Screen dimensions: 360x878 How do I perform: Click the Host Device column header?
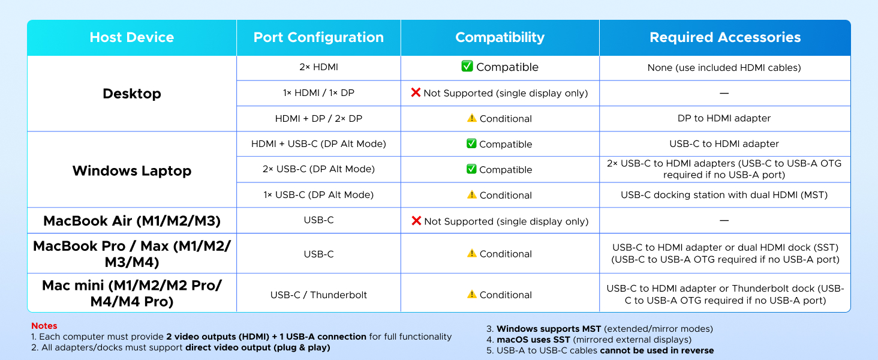(132, 37)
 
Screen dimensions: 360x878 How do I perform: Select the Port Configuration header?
(318, 37)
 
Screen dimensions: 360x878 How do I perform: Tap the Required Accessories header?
(725, 37)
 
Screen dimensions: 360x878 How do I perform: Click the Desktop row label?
(132, 94)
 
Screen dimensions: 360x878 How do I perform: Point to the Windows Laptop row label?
(132, 170)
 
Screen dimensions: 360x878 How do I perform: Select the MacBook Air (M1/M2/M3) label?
(132, 221)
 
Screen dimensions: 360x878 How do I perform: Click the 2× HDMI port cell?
(318, 68)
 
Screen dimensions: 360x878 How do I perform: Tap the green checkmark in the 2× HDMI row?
(467, 67)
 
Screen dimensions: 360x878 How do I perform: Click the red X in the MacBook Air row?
(416, 221)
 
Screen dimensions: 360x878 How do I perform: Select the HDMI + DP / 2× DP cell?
(318, 119)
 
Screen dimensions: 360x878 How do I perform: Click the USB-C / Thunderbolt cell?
(318, 295)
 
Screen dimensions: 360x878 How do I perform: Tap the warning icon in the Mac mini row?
(472, 294)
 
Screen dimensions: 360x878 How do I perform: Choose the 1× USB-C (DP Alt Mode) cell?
(318, 195)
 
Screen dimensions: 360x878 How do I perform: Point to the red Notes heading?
(44, 326)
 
